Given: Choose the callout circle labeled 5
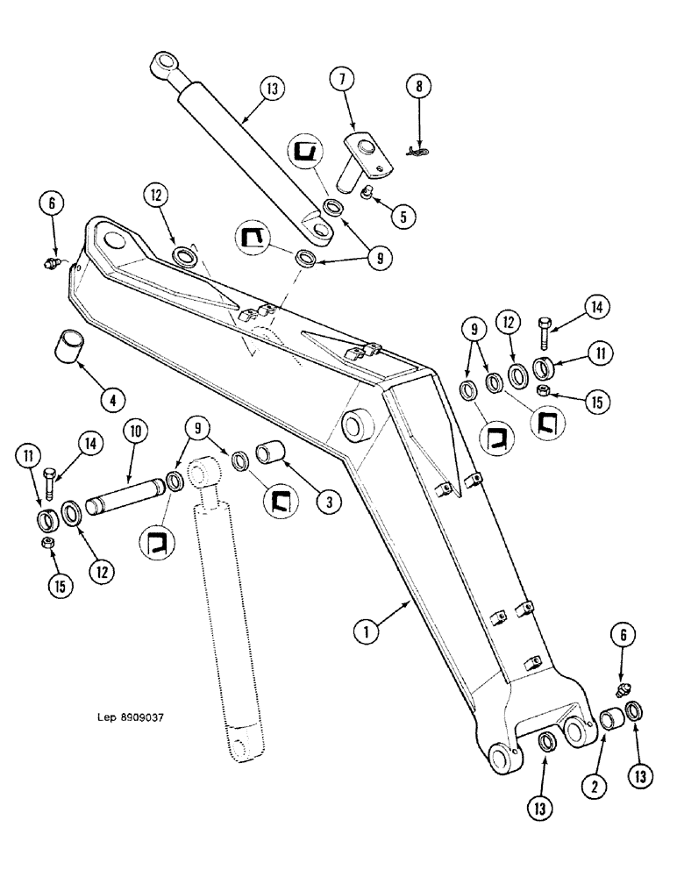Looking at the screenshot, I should [403, 216].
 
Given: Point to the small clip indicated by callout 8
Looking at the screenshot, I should [419, 150].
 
